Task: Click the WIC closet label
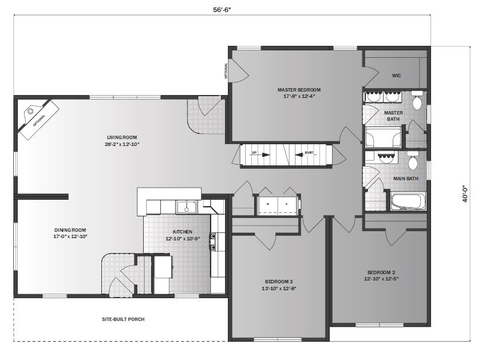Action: (396, 75)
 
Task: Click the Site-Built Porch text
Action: (120, 319)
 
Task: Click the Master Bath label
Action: (393, 116)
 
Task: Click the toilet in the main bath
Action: (412, 162)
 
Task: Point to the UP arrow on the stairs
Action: (252, 153)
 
